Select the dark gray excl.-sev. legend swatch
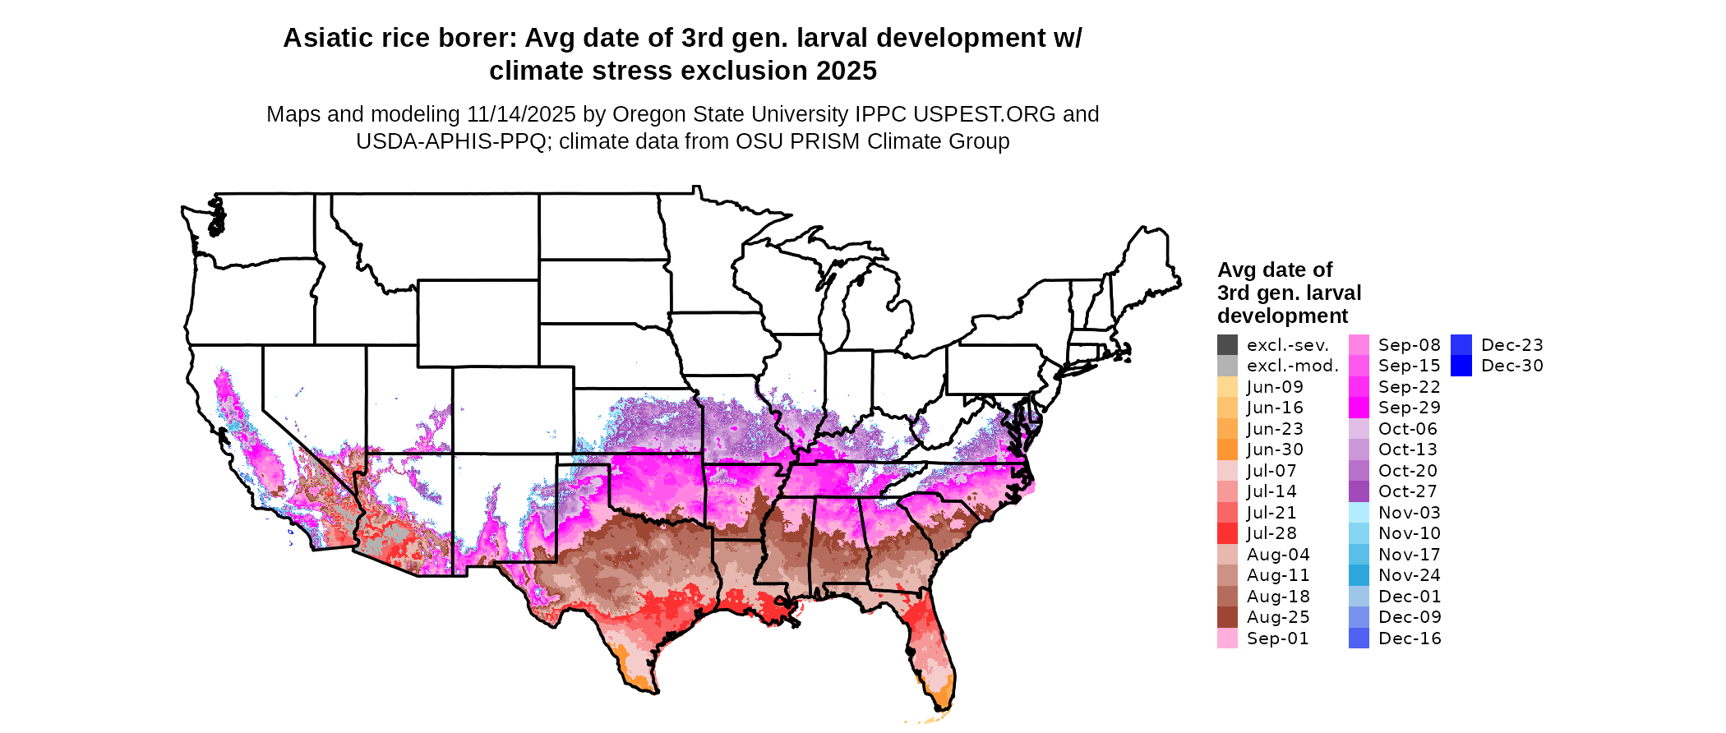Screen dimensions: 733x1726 (x=1227, y=345)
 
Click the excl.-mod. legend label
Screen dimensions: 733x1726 (x=1292, y=366)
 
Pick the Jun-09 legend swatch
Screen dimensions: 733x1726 (x=1227, y=387)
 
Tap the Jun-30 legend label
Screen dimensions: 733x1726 (x=1275, y=450)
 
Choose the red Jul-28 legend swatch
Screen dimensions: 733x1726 (x=1227, y=533)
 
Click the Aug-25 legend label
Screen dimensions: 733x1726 (x=1278, y=618)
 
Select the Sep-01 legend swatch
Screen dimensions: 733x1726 (x=1227, y=638)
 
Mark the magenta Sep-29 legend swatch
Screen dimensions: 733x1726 (x=1359, y=408)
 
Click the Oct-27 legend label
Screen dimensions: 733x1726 (x=1408, y=492)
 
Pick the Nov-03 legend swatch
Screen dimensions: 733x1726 (x=1359, y=513)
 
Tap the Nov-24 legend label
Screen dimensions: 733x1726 (x=1410, y=576)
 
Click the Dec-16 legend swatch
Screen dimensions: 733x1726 (x=1359, y=638)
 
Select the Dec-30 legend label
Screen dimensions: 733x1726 (x=1512, y=366)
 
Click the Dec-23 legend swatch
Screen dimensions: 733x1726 (x=1461, y=345)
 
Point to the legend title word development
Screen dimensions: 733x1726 (x=1282, y=316)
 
